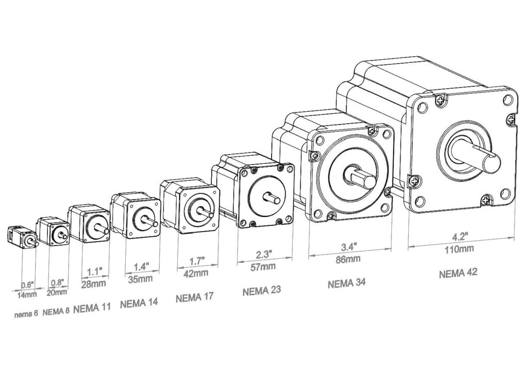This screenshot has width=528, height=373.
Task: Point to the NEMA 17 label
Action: [x=194, y=297]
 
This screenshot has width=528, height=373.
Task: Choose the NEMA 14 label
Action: [x=139, y=302]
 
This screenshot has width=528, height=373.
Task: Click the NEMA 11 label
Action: [x=92, y=308]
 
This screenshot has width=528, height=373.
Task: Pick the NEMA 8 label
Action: [x=56, y=312]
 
